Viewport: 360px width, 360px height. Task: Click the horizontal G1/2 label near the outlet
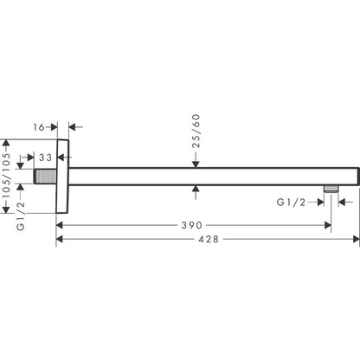coord(291,202)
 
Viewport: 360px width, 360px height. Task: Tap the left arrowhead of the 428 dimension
coord(61,239)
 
